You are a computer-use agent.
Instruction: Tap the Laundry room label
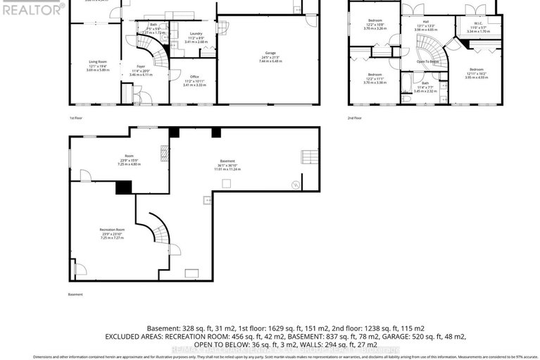[x=196, y=34]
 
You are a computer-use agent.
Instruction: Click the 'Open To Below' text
[x=427, y=61]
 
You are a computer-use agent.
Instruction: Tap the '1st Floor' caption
[x=77, y=118]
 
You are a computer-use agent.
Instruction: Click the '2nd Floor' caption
[x=355, y=118]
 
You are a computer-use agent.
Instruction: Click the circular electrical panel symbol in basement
[x=296, y=185]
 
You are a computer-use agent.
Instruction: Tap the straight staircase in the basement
[x=308, y=156]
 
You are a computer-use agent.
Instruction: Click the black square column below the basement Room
[x=124, y=187]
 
